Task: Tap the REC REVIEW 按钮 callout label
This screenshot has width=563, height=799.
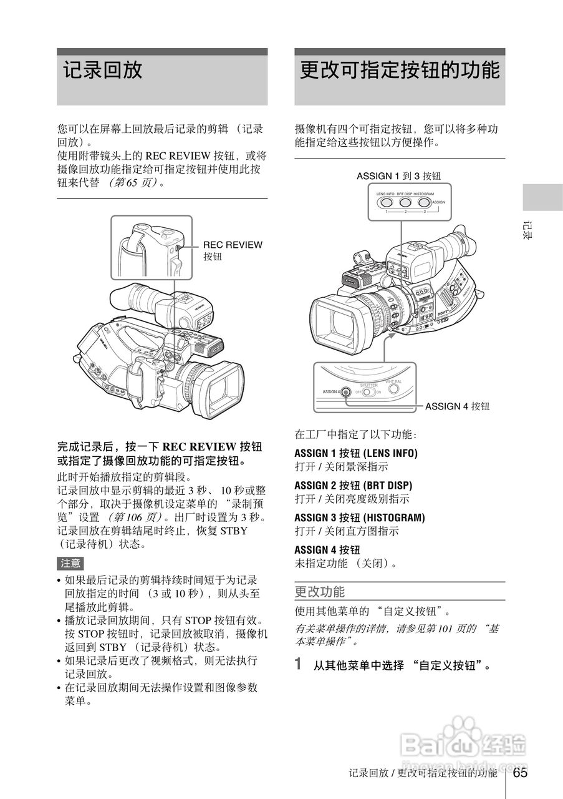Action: (233, 250)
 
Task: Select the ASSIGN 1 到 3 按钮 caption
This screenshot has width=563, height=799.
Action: (402, 176)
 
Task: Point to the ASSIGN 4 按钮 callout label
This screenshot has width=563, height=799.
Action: (457, 406)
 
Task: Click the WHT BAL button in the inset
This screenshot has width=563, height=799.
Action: (393, 389)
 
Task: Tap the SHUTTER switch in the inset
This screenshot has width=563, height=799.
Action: (368, 392)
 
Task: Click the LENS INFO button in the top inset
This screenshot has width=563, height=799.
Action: (387, 202)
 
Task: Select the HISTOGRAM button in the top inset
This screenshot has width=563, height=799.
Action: (424, 202)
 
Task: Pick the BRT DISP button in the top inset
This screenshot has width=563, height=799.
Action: (405, 202)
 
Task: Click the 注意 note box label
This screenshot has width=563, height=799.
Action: (70, 563)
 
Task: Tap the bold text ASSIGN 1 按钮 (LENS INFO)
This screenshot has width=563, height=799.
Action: (355, 453)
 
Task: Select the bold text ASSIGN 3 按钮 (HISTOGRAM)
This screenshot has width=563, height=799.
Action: (359, 517)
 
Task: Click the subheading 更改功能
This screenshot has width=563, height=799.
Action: (319, 591)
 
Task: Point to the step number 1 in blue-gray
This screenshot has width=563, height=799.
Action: (299, 664)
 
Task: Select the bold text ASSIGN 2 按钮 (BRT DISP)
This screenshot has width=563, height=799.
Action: (353, 485)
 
